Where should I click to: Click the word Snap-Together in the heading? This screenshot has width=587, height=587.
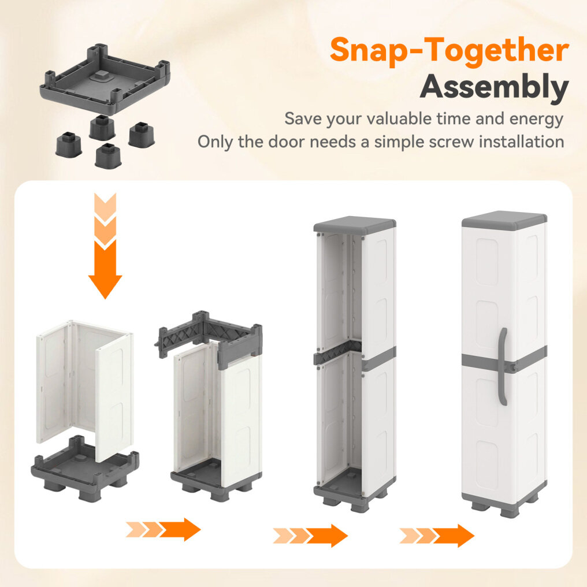(x=449, y=50)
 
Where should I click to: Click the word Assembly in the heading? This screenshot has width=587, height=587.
(x=494, y=87)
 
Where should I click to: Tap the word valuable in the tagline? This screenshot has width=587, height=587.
(x=400, y=118)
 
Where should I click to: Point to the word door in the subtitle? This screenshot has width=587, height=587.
(x=287, y=142)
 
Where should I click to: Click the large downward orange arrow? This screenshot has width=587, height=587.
(x=105, y=246)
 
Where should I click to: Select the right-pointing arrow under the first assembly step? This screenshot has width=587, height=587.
(x=164, y=529)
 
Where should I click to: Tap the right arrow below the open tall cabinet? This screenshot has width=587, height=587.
(x=310, y=536)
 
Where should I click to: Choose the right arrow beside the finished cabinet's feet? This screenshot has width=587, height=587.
(x=437, y=536)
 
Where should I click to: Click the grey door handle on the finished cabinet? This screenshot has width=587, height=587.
(x=503, y=366)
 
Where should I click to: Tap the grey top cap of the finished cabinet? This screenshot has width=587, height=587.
(x=504, y=221)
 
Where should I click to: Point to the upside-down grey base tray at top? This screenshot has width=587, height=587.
(x=105, y=79)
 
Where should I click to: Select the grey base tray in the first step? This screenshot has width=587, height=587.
(x=85, y=469)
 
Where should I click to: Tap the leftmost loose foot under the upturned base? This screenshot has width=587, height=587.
(x=69, y=144)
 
